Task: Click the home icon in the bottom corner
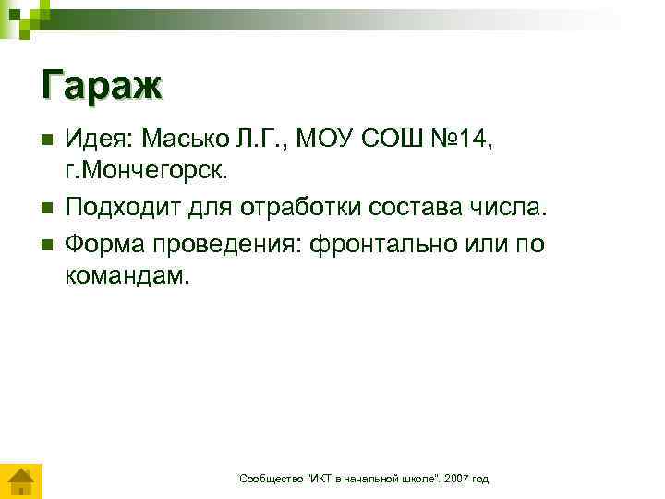[x=20, y=481]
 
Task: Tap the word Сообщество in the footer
[x=267, y=479]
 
